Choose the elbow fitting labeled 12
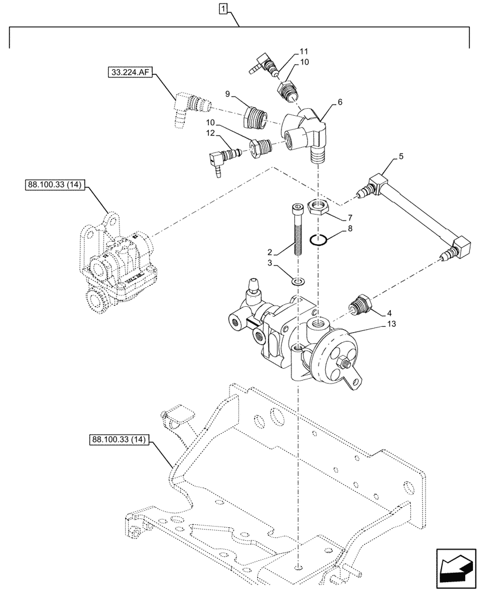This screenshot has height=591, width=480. coord(220,159)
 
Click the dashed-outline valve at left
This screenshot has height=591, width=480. coord(115,260)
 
